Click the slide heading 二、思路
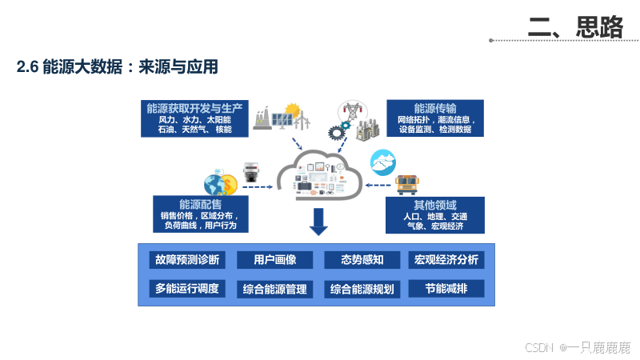pos(575,26)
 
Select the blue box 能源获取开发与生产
pos(194,117)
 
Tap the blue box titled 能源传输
pos(435,117)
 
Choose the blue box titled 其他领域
pos(435,214)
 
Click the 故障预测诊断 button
pos(187,259)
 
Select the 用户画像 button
pos(275,259)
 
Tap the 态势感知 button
pos(362,259)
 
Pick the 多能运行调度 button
pos(187,288)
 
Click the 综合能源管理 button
pos(275,289)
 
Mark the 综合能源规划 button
pos(362,289)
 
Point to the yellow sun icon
pos(293,110)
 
